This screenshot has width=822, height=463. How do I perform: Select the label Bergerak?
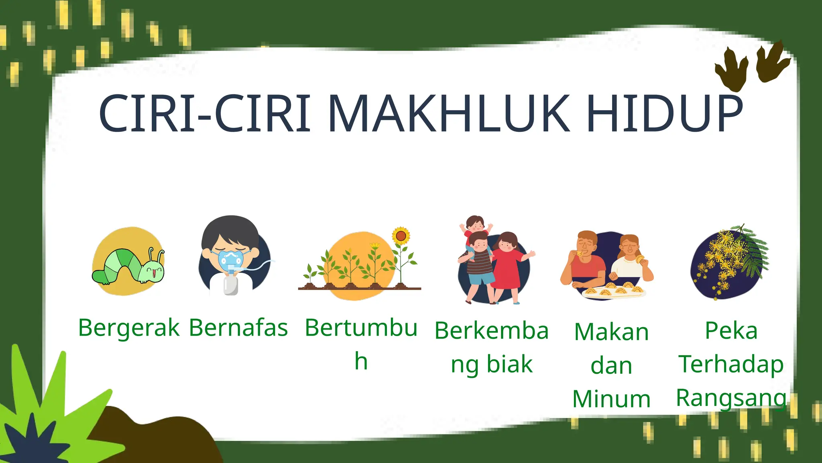tap(128, 328)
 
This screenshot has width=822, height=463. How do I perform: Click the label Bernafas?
tap(238, 328)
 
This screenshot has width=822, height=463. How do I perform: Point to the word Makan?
tap(611, 332)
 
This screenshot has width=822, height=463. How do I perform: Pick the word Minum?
tap(611, 399)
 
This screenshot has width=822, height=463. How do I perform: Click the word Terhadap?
tap(731, 364)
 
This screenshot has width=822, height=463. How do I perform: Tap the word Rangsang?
tap(731, 398)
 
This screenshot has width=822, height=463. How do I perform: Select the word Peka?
tap(731, 331)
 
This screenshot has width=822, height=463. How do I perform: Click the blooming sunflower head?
tap(401, 236)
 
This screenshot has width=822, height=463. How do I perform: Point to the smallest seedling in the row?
tap(310, 274)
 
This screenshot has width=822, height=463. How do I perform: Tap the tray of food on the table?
tap(613, 291)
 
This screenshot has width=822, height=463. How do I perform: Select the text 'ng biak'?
tap(491, 365)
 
